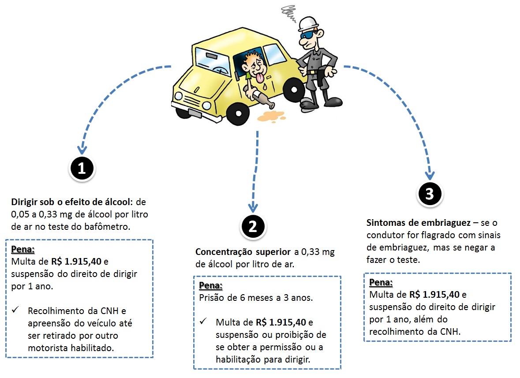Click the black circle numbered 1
tap(82, 168)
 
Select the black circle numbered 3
tap(430, 194)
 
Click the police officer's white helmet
tap(308, 24)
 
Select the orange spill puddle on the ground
tap(271, 117)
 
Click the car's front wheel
tap(238, 113)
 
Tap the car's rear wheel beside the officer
tap(294, 90)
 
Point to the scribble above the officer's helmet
tap(288, 13)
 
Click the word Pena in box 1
tap(23, 249)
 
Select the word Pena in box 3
tap(381, 282)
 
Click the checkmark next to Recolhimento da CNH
tap(15, 310)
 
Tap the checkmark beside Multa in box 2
tap(203, 321)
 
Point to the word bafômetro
tap(107, 227)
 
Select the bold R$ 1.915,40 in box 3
tap(434, 295)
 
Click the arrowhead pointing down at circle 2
tap(253, 207)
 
